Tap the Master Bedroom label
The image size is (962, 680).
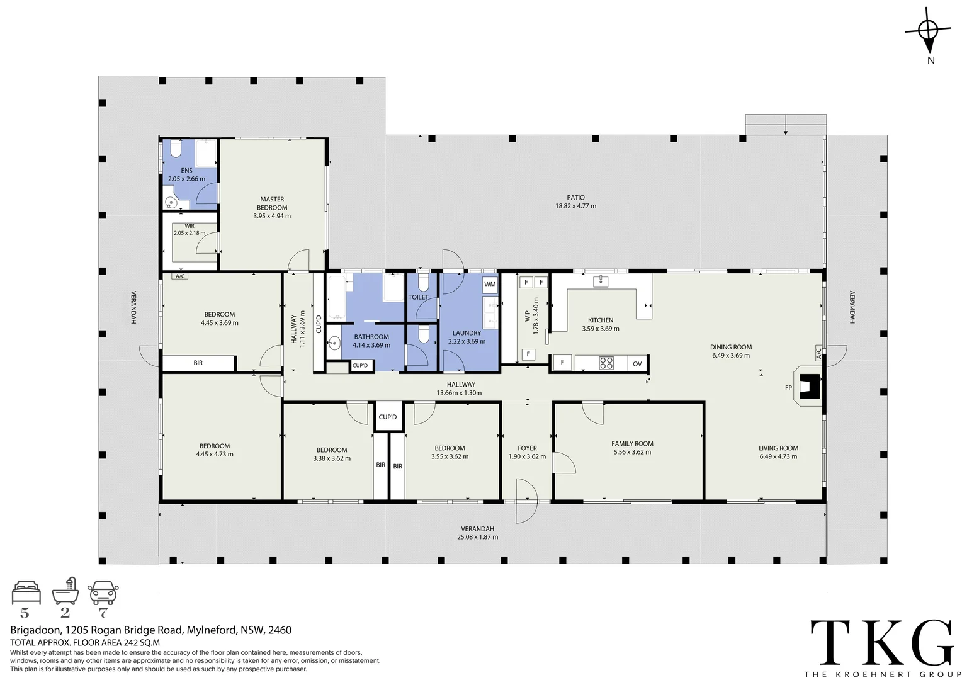[272, 207]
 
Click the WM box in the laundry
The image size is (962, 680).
[490, 285]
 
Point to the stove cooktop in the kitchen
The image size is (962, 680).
[606, 363]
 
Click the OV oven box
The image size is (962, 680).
[637, 363]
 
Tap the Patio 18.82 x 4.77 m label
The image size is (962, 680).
[575, 201]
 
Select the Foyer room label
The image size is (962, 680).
[527, 452]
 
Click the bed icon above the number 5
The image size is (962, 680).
[26, 593]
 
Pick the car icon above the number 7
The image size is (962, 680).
[103, 593]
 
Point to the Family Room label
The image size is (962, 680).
[632, 448]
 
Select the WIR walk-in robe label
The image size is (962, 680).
[190, 229]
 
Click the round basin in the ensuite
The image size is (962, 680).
[170, 202]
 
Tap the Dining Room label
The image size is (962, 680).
[730, 351]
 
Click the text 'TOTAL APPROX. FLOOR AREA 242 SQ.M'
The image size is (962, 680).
[85, 643]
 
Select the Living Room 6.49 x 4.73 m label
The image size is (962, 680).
[778, 452]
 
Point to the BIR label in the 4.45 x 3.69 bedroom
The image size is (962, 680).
[198, 363]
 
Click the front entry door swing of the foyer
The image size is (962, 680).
[525, 501]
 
